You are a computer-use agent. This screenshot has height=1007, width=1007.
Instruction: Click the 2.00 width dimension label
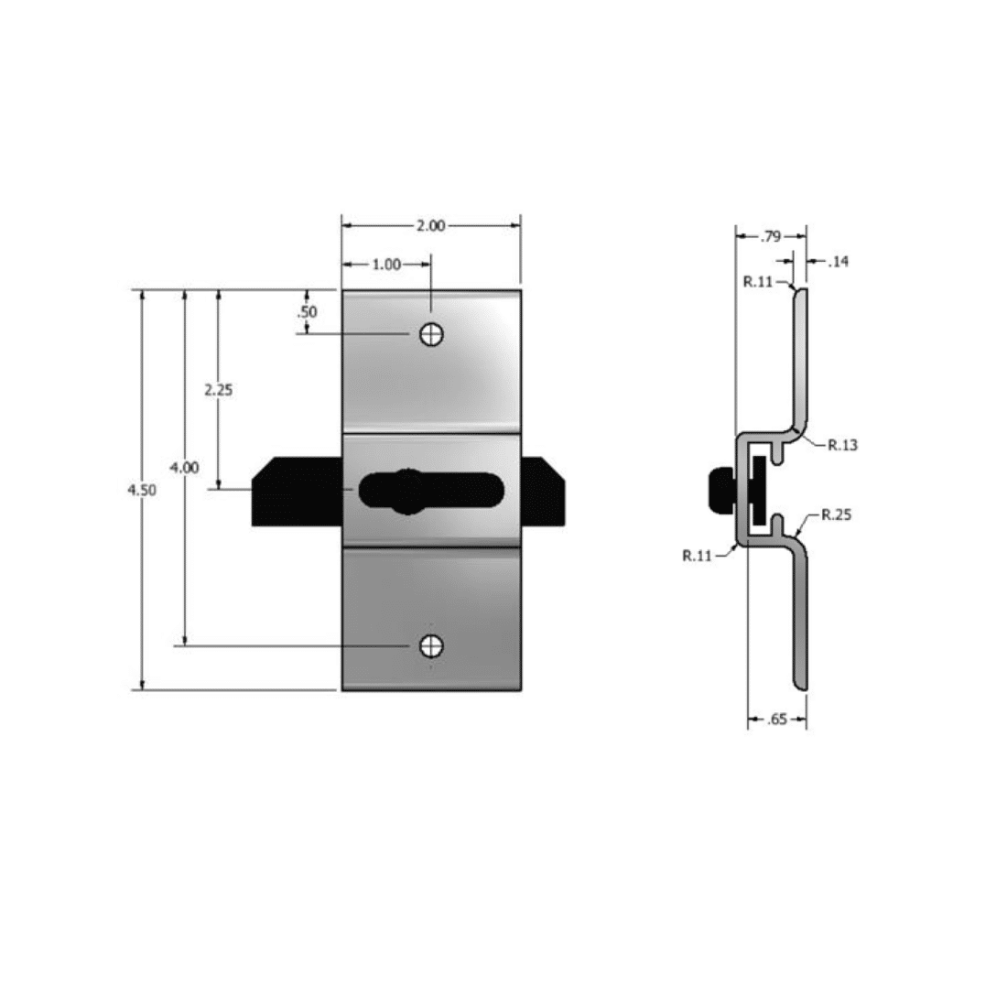coord(430,225)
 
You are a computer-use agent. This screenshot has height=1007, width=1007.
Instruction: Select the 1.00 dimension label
coord(386,265)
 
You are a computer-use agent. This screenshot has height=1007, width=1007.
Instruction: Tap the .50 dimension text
coord(307,312)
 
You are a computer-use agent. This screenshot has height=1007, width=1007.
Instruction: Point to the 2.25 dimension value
coord(219,390)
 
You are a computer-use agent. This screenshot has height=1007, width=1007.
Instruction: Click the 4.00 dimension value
coord(184,468)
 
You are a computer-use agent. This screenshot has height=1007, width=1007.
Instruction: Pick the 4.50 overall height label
coord(141,490)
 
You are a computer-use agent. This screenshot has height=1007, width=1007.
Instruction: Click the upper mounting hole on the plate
coord(431,334)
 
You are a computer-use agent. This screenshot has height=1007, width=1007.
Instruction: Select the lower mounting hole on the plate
coord(431,646)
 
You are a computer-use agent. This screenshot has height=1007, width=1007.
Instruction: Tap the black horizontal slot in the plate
coord(431,492)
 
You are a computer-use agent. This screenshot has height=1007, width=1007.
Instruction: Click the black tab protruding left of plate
coord(297,492)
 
